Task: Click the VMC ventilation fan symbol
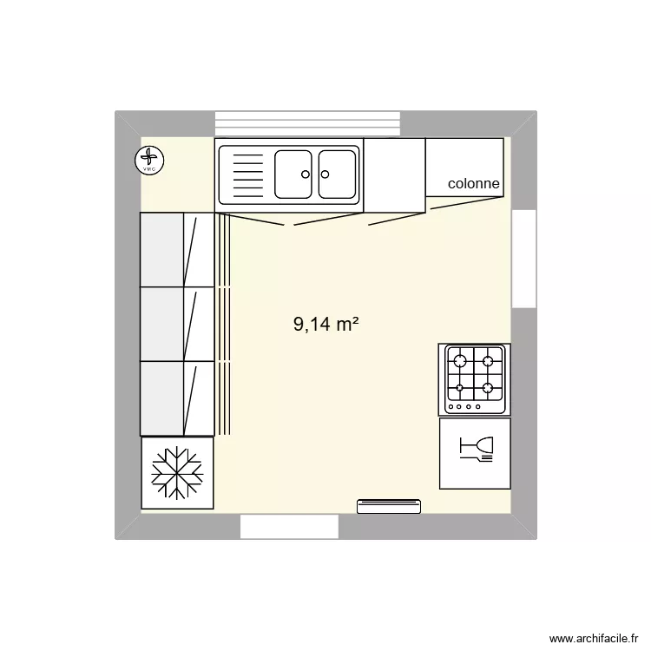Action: [x=150, y=160]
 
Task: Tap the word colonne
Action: [x=473, y=184]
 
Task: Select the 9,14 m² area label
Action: [x=326, y=325]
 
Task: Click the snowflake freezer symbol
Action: [x=177, y=473]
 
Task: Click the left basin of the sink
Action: [x=293, y=174]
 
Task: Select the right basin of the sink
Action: [x=337, y=174]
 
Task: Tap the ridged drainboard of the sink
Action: [x=247, y=174]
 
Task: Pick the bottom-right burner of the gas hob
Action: [x=489, y=387]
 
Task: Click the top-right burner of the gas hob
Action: [x=489, y=359]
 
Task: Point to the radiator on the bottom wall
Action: [x=389, y=506]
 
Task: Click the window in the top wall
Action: [x=307, y=123]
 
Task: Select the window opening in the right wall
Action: [x=524, y=258]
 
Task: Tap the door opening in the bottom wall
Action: [x=289, y=526]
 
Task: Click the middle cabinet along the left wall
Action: [x=176, y=323]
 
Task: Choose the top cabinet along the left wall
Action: [x=176, y=249]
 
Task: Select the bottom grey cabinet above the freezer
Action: [x=176, y=398]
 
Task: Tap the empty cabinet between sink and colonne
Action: [x=394, y=174]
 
